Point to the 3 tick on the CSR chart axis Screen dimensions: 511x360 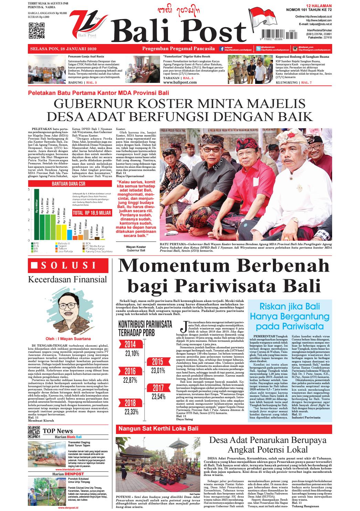[29, 210]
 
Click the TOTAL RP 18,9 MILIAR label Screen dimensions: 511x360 [92, 213]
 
